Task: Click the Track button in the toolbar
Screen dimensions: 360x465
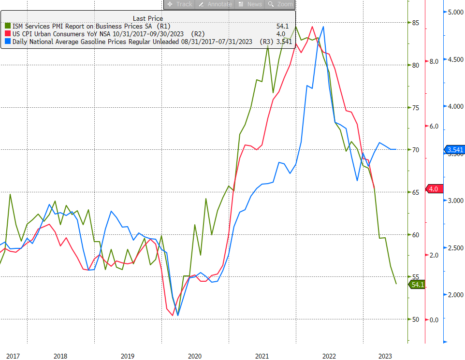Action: point(180,4)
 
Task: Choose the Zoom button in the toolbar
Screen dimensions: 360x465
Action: point(280,4)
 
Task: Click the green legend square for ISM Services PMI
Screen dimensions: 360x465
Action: point(7,26)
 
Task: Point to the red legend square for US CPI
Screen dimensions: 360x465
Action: point(7,34)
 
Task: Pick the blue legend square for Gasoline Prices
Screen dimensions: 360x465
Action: point(7,42)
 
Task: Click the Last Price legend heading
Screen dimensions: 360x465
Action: point(148,18)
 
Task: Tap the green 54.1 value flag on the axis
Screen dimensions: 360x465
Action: point(417,285)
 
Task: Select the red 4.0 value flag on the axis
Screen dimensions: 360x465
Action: point(432,189)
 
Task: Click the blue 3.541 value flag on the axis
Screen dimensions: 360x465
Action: point(454,150)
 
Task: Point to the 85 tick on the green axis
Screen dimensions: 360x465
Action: point(415,23)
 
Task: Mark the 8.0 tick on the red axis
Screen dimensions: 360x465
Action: point(434,61)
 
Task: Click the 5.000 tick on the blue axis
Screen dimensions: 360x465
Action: point(454,13)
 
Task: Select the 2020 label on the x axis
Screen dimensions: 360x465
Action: point(194,356)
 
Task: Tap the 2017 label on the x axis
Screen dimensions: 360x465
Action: point(13,356)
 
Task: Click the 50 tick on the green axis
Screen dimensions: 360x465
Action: point(415,319)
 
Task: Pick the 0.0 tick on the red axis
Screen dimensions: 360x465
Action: point(434,319)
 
